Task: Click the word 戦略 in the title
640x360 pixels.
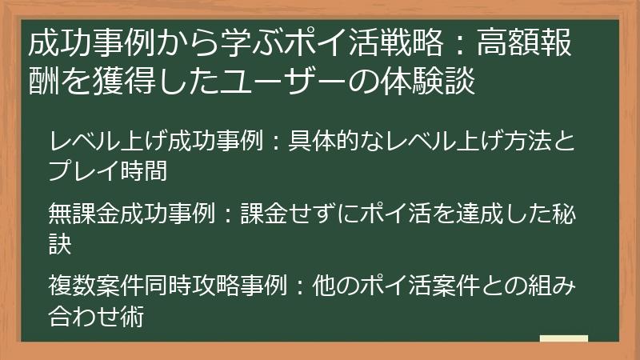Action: coord(418,46)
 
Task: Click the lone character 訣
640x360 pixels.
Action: coord(61,243)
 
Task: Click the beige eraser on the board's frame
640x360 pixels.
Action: coord(564,339)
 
